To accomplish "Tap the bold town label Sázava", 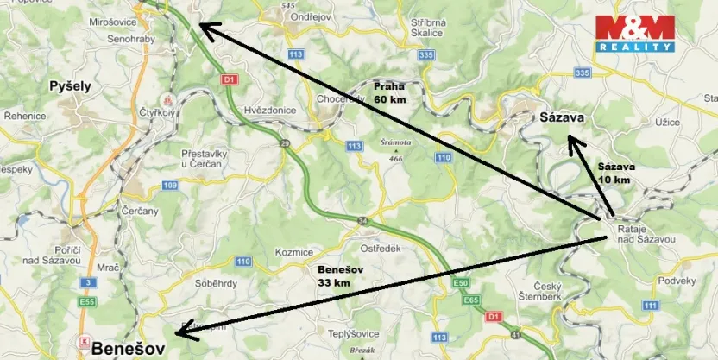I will (563, 117).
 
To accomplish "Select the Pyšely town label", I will (70, 85).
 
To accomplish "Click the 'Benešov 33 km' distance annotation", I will (335, 276).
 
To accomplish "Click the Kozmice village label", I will (294, 251).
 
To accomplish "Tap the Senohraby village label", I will (130, 39).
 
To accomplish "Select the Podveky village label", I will (677, 281).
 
